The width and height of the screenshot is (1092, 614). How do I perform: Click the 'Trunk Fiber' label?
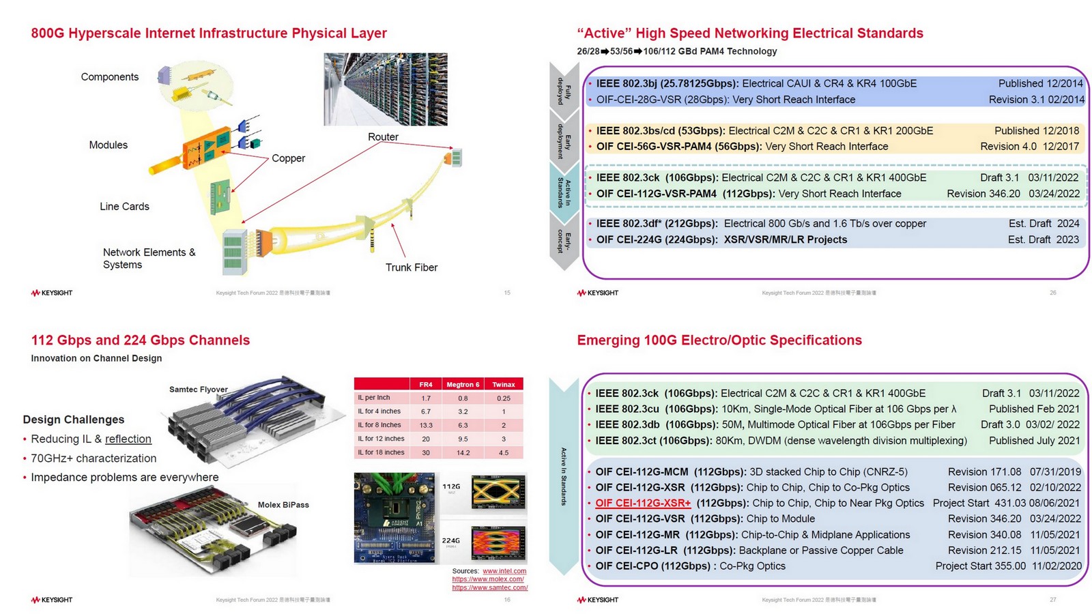click(411, 267)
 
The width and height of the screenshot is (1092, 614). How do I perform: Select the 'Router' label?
click(383, 137)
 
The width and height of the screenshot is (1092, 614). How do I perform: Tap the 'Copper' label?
click(288, 158)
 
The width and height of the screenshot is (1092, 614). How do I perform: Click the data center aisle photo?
click(386, 89)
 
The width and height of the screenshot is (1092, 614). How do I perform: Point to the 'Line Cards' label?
click(124, 207)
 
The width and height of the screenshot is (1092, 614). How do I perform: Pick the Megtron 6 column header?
click(463, 384)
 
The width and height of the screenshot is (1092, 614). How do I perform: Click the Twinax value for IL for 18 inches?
click(504, 452)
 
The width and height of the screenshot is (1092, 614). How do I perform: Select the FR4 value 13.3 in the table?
click(426, 425)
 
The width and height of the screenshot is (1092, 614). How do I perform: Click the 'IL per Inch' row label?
click(374, 398)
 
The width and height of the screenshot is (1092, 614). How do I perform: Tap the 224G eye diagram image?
click(499, 542)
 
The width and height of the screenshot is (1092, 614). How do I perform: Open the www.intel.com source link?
click(504, 571)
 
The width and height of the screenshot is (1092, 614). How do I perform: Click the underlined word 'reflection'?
click(128, 439)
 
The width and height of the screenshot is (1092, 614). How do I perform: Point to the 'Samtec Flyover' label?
click(198, 390)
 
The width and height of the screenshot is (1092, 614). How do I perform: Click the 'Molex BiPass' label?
click(283, 505)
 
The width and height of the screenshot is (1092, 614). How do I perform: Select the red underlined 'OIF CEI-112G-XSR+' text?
click(643, 503)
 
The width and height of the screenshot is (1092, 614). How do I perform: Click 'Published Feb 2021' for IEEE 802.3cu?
click(1034, 409)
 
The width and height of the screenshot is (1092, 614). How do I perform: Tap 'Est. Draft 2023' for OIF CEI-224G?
click(1043, 239)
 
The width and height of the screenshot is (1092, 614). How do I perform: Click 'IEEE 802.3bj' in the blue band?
click(628, 83)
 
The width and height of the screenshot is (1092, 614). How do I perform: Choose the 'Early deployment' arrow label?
click(564, 141)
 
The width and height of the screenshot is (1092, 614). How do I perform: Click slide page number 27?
click(1052, 600)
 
